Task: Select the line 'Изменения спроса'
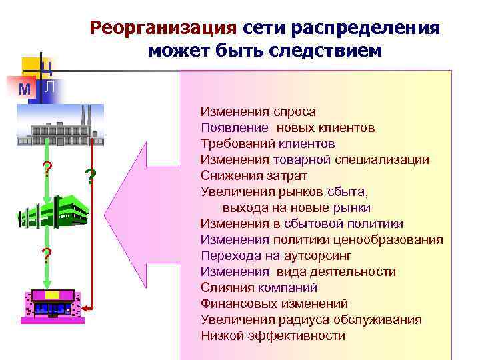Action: pyautogui.click(x=258, y=111)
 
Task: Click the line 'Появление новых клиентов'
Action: pyautogui.click(x=287, y=127)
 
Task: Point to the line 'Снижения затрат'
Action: pyautogui.click(x=254, y=175)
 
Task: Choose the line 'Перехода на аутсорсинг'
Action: pyautogui.click(x=276, y=255)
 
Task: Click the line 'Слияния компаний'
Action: pyautogui.click(x=259, y=287)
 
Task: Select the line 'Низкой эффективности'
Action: pyautogui.click(x=273, y=335)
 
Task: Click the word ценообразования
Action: pyautogui.click(x=389, y=239)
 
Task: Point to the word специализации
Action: pyautogui.click(x=383, y=159)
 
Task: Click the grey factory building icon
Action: pyautogui.click(x=61, y=125)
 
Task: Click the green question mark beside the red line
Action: pyautogui.click(x=91, y=177)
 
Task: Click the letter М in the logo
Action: pyautogui.click(x=25, y=89)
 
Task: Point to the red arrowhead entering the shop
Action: pyautogui.click(x=85, y=307)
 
